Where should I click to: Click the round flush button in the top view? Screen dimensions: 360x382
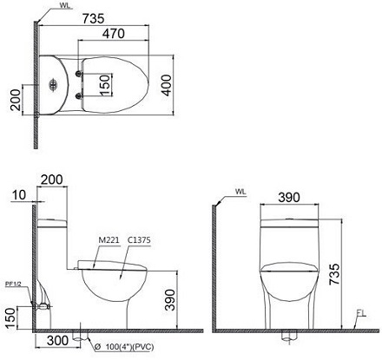pos(56,86)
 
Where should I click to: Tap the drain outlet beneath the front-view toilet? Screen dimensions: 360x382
pos(288,335)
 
